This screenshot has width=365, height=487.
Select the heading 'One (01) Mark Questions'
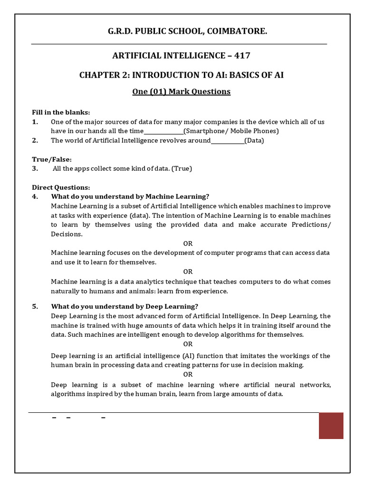[x=181, y=91]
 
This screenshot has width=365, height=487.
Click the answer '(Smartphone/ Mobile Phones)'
[x=231, y=131]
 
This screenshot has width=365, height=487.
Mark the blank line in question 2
[x=227, y=141]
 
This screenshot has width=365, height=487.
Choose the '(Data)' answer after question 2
[x=254, y=140]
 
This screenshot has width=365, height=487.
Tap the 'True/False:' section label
[x=52, y=159]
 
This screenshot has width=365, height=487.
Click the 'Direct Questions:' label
[x=61, y=187]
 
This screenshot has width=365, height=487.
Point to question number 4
[x=35, y=196]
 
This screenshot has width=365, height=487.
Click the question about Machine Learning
[x=130, y=196]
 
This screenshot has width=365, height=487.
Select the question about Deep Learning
[x=125, y=306]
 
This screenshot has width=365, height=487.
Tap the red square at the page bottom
[x=331, y=426]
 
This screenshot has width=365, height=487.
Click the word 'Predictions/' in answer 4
[x=311, y=224]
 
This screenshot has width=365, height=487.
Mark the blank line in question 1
[x=163, y=131]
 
